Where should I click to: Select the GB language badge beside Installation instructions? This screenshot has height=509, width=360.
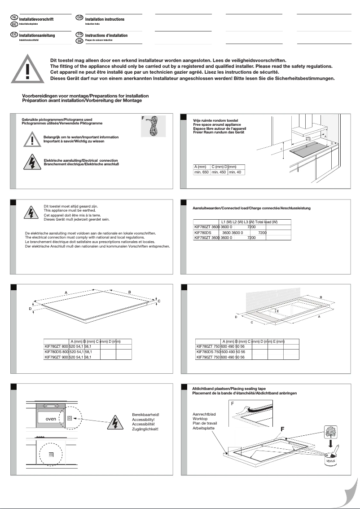coord(79,18)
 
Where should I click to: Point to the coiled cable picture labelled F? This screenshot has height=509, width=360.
coord(154,125)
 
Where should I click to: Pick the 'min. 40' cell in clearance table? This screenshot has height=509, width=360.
coord(235,173)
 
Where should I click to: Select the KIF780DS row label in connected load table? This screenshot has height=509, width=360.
coord(202,233)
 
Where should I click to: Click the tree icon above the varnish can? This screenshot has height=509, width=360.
coord(331,431)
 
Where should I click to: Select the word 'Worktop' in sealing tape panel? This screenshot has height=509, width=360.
coord(200,418)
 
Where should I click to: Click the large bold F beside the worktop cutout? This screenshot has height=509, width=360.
coord(283,429)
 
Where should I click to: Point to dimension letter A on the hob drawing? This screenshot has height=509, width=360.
coord(66,292)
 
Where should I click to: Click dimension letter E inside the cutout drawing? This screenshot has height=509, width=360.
coord(277,311)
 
